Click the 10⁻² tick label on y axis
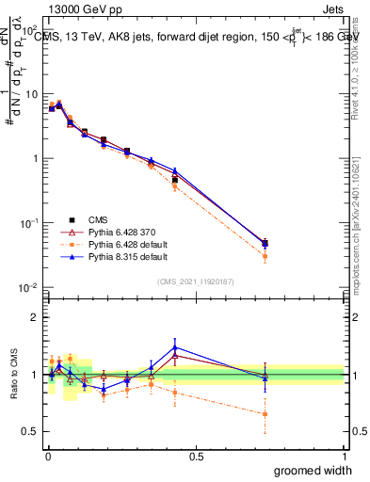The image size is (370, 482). (x=30, y=287)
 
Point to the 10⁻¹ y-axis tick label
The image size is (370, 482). (x=30, y=223)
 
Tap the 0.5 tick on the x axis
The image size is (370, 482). (x=197, y=456)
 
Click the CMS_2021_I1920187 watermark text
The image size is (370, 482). (x=196, y=280)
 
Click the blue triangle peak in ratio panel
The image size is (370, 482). (x=174, y=347)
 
